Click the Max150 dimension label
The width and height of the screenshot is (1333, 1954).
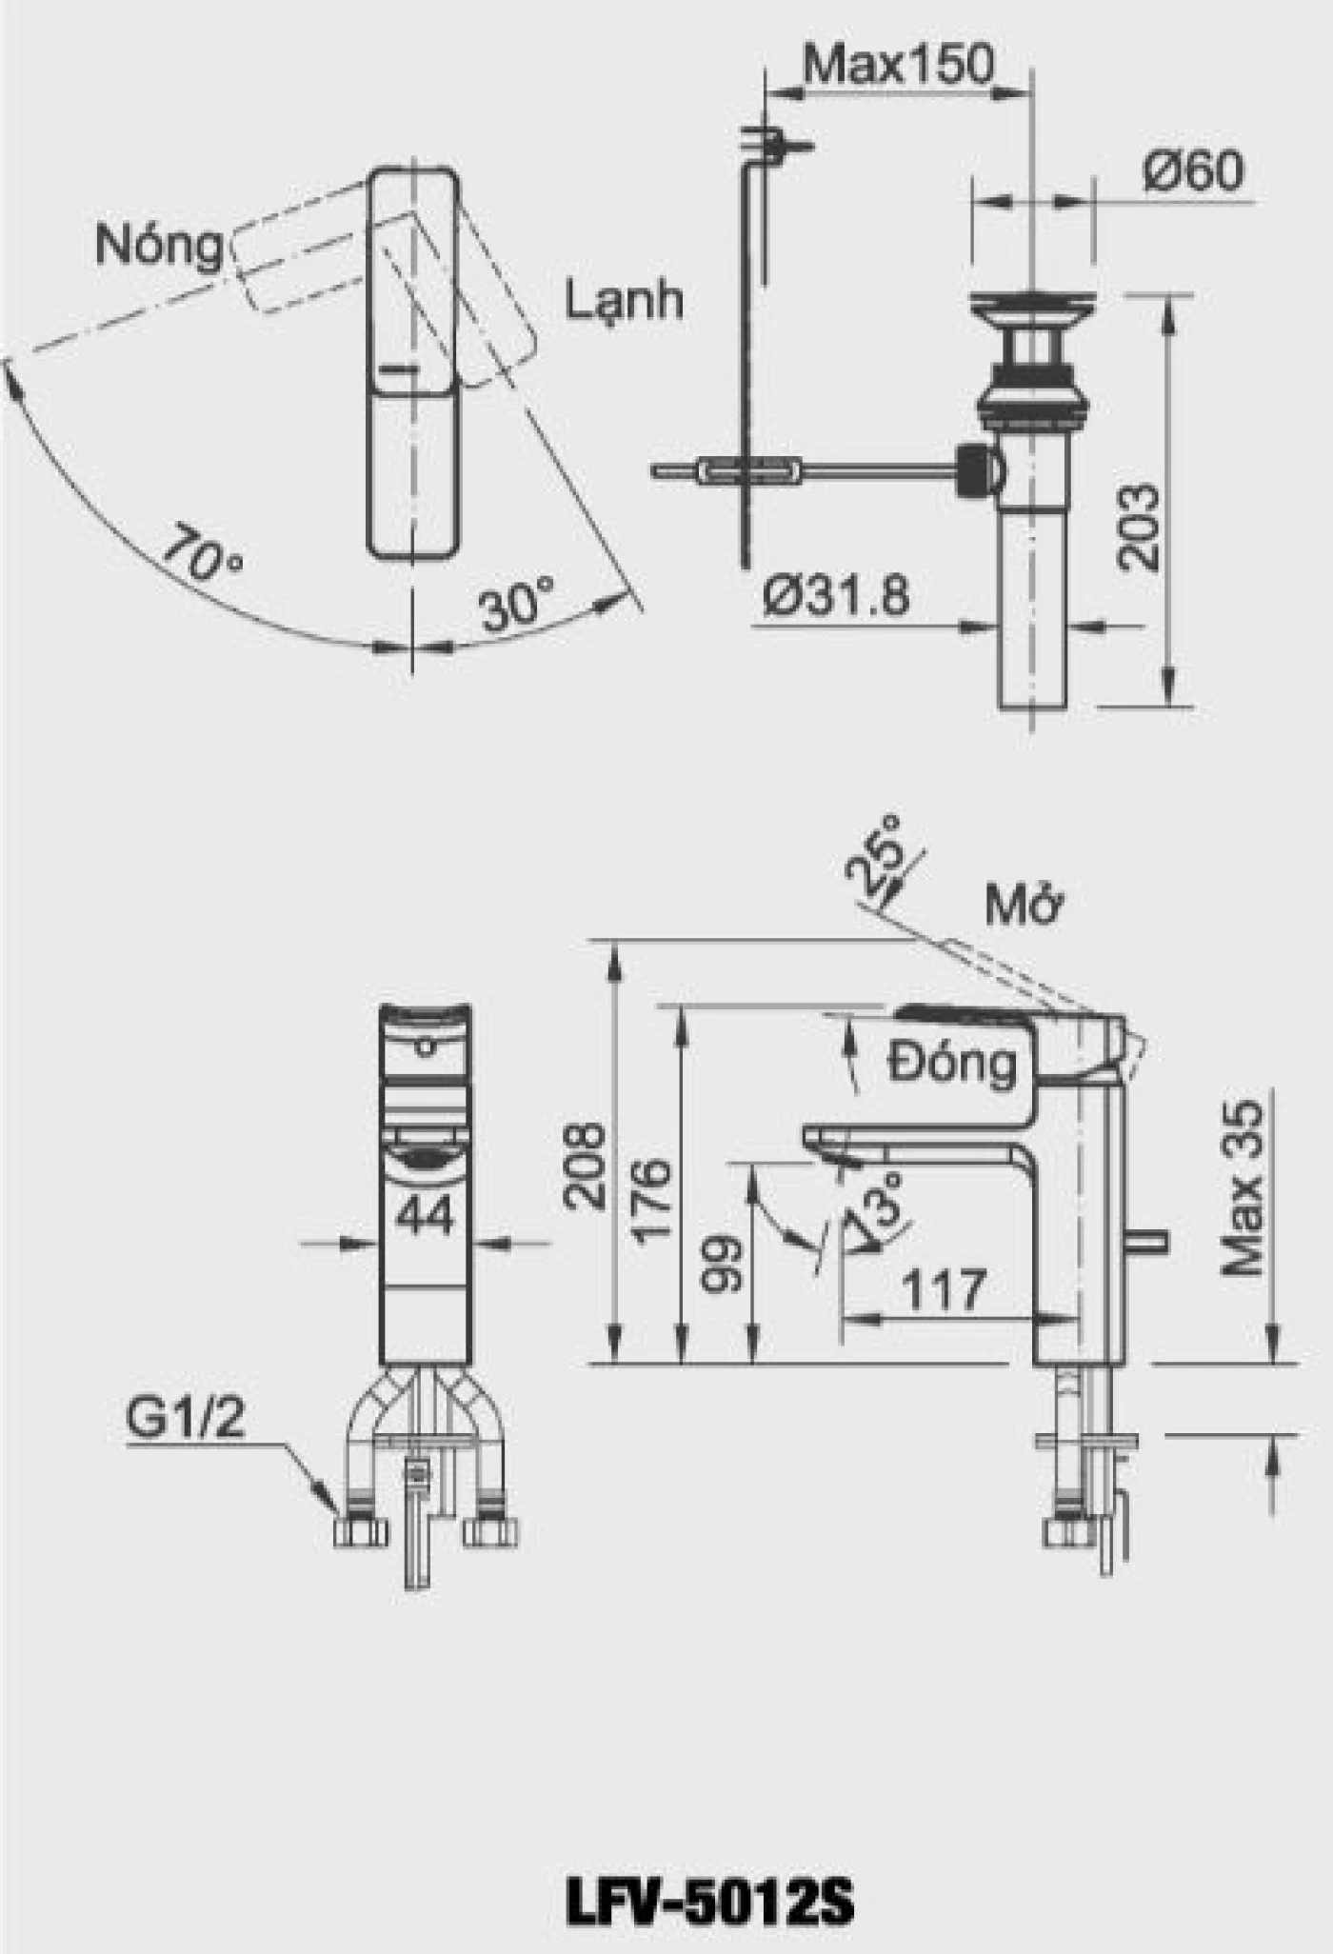click(x=898, y=65)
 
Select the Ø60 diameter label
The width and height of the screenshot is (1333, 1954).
click(x=1193, y=171)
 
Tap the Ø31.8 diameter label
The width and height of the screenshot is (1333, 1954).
click(x=836, y=596)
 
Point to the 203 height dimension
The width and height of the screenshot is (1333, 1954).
click(x=1139, y=528)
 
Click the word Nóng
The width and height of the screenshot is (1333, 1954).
click(x=158, y=246)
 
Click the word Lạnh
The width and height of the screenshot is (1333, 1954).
click(x=625, y=300)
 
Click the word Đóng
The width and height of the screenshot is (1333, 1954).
click(x=952, y=1063)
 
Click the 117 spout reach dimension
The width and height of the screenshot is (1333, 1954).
click(x=943, y=1291)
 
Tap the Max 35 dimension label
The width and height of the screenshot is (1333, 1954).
click(x=1243, y=1188)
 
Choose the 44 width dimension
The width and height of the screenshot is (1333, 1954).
click(x=425, y=1216)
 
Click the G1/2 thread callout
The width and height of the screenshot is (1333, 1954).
click(x=186, y=1418)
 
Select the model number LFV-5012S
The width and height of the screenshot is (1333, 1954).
click(x=709, y=1904)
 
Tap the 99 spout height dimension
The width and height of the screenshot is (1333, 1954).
click(x=721, y=1264)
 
